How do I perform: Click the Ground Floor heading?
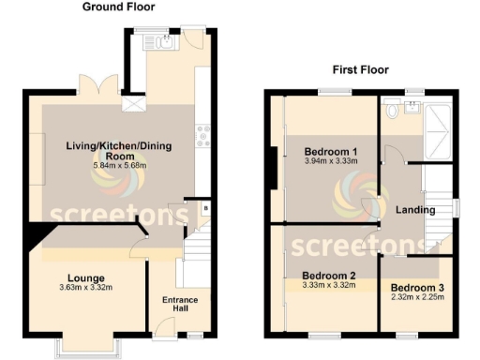pos(119,7)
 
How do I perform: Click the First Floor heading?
pos(361,70)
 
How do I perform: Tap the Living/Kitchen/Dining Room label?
pos(116,151)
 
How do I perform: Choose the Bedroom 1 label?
pos(331,152)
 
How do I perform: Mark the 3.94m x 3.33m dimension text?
pos(331,162)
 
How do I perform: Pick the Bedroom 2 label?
pos(329,276)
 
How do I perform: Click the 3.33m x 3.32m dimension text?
pos(329,286)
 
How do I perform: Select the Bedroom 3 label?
pos(417,287)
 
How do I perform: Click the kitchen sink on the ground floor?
pos(163,42)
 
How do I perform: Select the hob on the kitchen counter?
pos(202,138)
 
